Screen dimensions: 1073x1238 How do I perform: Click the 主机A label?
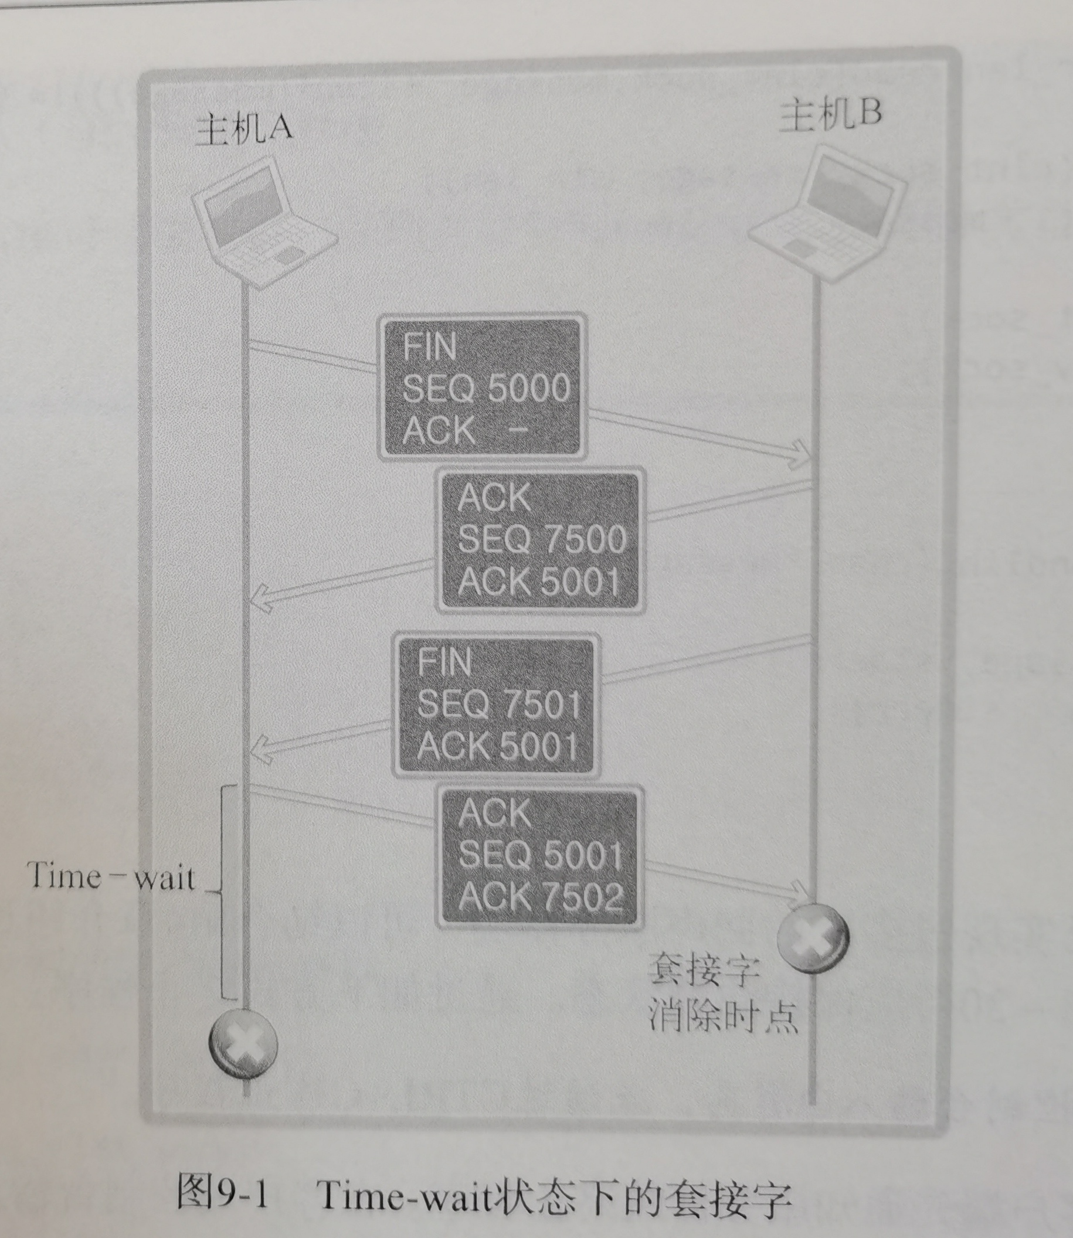(243, 129)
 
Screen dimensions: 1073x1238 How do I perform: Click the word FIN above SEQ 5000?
(429, 346)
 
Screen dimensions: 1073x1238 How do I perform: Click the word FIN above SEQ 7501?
(444, 662)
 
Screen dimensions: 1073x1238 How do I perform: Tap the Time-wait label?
(111, 878)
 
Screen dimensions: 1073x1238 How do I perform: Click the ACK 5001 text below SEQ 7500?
(538, 581)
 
